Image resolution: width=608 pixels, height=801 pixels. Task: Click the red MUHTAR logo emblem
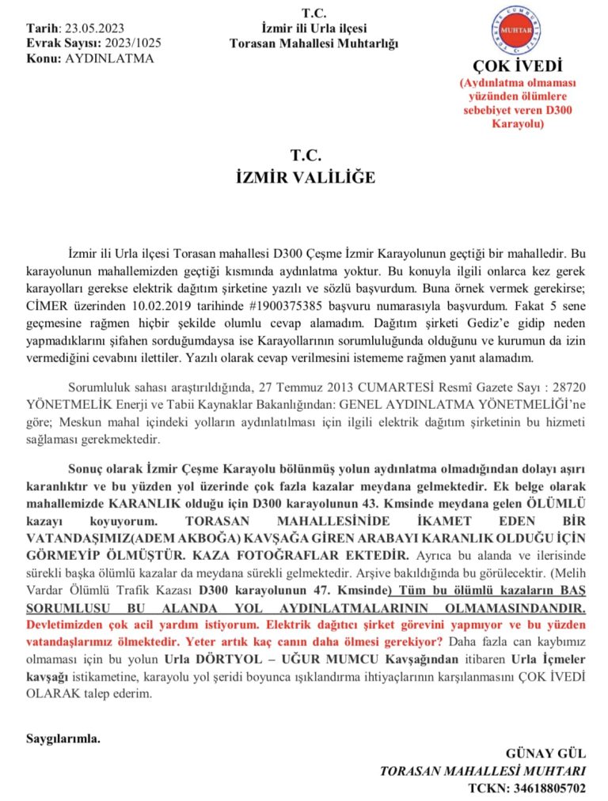pos(516,30)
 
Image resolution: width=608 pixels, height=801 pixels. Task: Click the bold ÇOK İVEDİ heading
pos(516,65)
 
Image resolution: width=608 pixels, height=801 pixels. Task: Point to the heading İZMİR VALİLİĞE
pos(305,178)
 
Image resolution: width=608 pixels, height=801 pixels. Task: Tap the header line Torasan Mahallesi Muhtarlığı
pos(314,43)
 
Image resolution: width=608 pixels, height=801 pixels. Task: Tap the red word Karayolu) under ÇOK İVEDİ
pos(517,123)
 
